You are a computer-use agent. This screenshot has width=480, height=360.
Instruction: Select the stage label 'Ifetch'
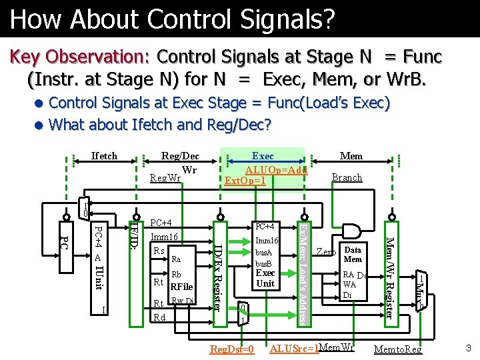click(104, 156)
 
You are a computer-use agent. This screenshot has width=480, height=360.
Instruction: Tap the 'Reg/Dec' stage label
click(180, 156)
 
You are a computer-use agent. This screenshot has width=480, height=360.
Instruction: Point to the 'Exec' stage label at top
click(263, 156)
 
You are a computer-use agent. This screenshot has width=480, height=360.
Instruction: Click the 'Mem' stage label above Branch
click(351, 156)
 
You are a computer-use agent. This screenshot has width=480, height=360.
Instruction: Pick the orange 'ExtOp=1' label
click(246, 181)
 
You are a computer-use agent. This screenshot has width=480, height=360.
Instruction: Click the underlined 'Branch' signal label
click(347, 177)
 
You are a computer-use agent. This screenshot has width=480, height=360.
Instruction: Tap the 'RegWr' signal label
click(165, 178)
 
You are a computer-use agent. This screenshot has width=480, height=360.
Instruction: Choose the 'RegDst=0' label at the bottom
click(232, 349)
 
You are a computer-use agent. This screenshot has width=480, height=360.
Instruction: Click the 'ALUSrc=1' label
click(294, 349)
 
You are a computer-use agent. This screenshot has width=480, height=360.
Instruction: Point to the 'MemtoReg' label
click(398, 349)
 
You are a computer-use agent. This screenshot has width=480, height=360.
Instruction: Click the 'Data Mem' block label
click(353, 255)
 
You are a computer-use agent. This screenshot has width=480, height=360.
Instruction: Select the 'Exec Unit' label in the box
click(265, 278)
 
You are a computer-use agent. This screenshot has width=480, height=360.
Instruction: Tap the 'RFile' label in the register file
click(181, 287)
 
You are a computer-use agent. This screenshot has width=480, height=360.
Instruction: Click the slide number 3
click(469, 347)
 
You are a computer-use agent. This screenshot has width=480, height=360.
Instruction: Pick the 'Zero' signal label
click(326, 252)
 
